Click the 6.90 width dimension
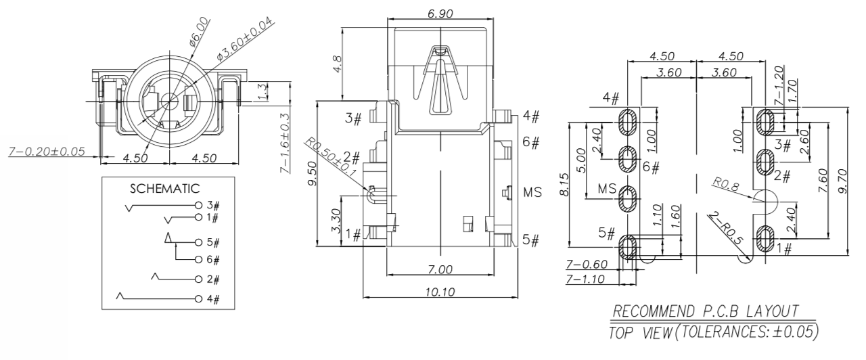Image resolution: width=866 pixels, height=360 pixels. tap(439, 13)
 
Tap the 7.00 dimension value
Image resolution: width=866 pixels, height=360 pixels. tap(440, 270)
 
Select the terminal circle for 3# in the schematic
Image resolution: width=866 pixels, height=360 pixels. tap(198, 204)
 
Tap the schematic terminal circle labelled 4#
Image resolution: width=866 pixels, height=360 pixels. tap(198, 298)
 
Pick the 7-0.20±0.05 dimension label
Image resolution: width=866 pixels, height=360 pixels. tap(47, 151)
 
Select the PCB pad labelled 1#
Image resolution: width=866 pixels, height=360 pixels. tap(766, 238)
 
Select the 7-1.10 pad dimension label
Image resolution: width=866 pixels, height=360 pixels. tap(585, 279)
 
